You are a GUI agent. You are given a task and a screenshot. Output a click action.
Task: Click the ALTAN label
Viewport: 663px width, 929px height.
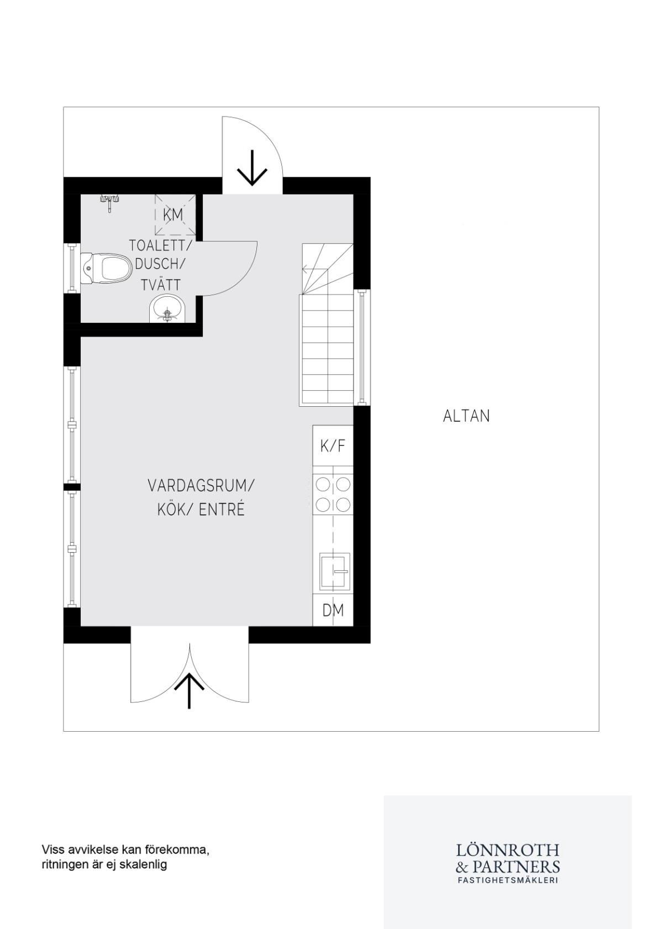[466, 416]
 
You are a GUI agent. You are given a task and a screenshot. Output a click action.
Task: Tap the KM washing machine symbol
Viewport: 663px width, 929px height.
[173, 214]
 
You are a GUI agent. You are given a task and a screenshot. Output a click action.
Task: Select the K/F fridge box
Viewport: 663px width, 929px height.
[333, 446]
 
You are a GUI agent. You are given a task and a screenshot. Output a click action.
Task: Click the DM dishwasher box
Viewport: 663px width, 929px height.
[333, 610]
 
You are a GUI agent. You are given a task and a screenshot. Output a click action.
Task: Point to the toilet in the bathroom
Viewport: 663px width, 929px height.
[106, 269]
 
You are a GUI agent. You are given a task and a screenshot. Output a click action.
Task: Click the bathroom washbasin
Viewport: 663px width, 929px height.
[168, 308]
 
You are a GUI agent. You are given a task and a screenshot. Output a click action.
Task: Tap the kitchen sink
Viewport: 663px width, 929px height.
[334, 571]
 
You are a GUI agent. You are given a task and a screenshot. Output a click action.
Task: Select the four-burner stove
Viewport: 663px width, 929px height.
[333, 495]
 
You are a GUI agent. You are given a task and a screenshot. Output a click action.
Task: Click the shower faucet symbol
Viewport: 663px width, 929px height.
[110, 202]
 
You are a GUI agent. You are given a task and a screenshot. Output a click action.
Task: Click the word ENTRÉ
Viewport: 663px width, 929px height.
[222, 510]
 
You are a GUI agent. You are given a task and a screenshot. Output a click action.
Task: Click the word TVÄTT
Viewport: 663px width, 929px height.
[161, 285]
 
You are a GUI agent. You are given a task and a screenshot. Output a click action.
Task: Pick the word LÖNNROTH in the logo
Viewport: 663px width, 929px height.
[508, 849]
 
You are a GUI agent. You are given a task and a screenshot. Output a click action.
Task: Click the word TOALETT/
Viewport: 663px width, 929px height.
[160, 245]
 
